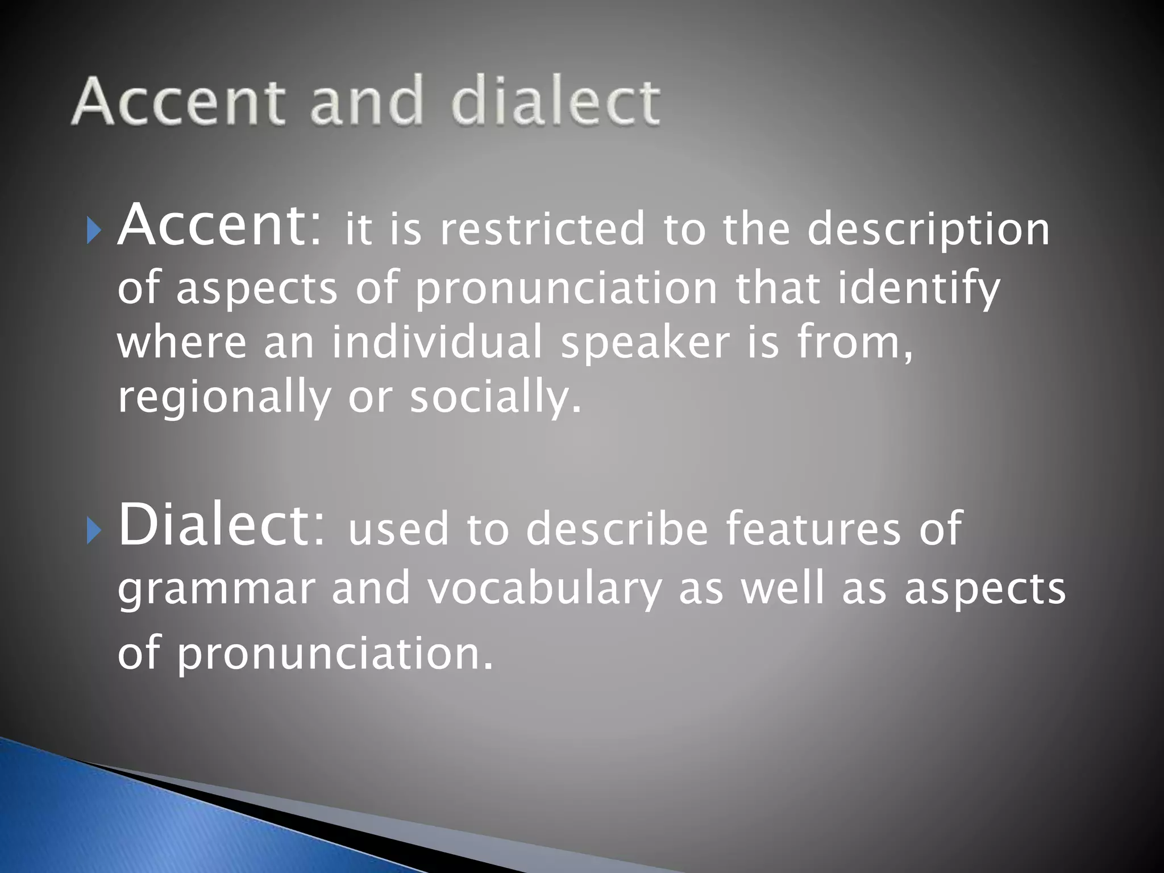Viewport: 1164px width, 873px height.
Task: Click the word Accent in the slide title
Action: (178, 102)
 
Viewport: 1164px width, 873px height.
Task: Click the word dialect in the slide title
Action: (556, 102)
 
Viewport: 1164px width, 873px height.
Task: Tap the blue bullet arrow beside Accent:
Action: (94, 231)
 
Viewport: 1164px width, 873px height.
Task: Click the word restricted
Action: (542, 230)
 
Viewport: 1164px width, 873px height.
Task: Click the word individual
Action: (436, 343)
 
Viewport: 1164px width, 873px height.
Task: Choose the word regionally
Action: (224, 398)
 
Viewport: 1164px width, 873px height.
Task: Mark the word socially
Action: (496, 398)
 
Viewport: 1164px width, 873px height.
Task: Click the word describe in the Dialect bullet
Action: (617, 529)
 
